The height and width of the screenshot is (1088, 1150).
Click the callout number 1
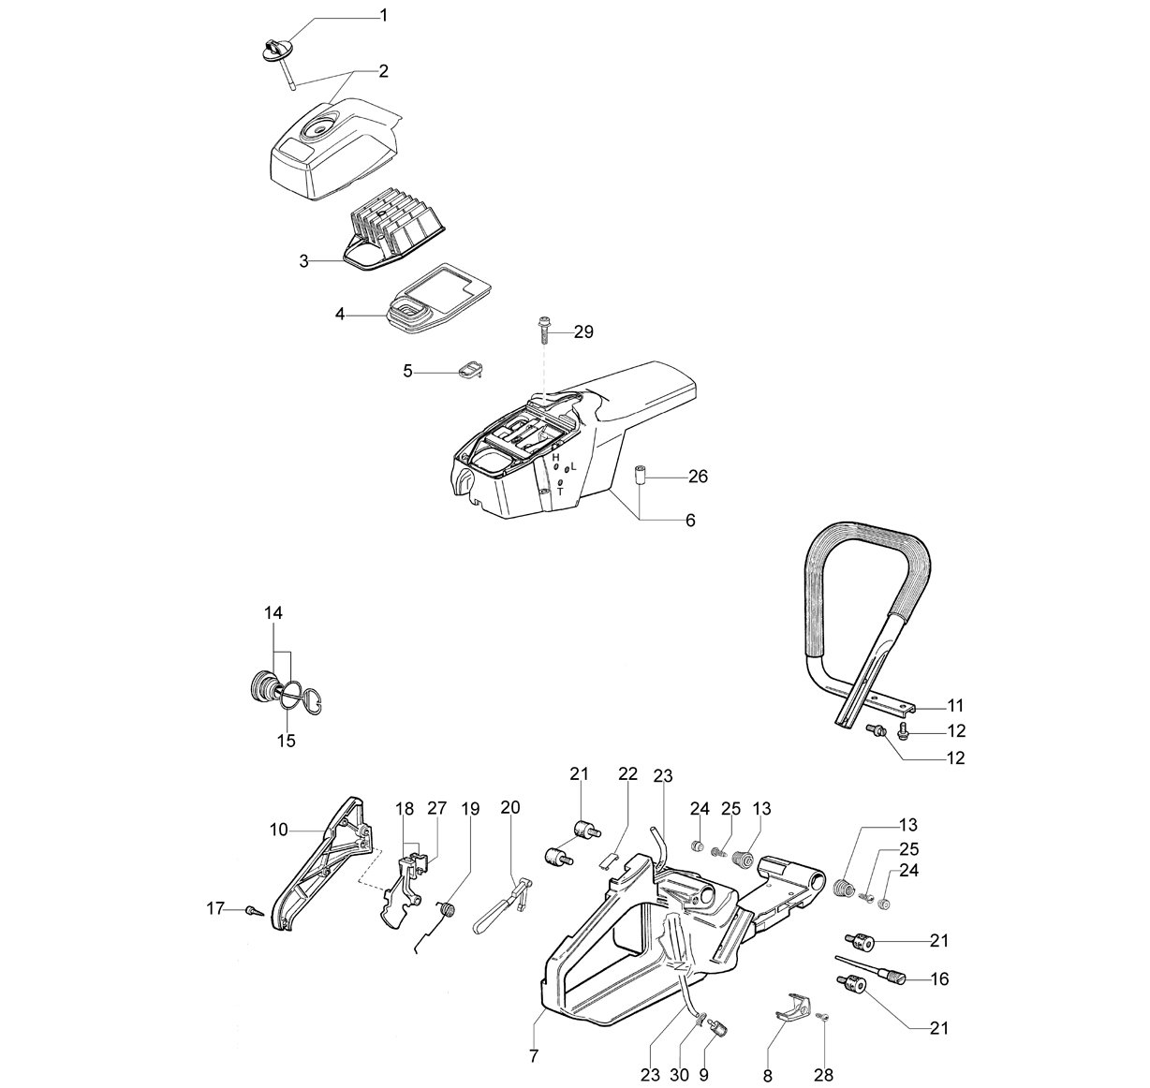[x=384, y=16]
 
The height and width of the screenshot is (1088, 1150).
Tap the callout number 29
[x=582, y=332]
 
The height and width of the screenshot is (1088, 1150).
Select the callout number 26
[x=698, y=477]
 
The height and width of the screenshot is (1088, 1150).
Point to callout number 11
[x=955, y=706]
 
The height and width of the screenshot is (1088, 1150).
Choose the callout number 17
[x=215, y=909]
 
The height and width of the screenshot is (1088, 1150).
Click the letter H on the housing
[x=555, y=457]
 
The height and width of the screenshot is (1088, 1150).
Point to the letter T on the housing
[x=560, y=492]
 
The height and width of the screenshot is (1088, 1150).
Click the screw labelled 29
[x=543, y=331]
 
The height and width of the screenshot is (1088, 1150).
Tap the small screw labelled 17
[x=256, y=911]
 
